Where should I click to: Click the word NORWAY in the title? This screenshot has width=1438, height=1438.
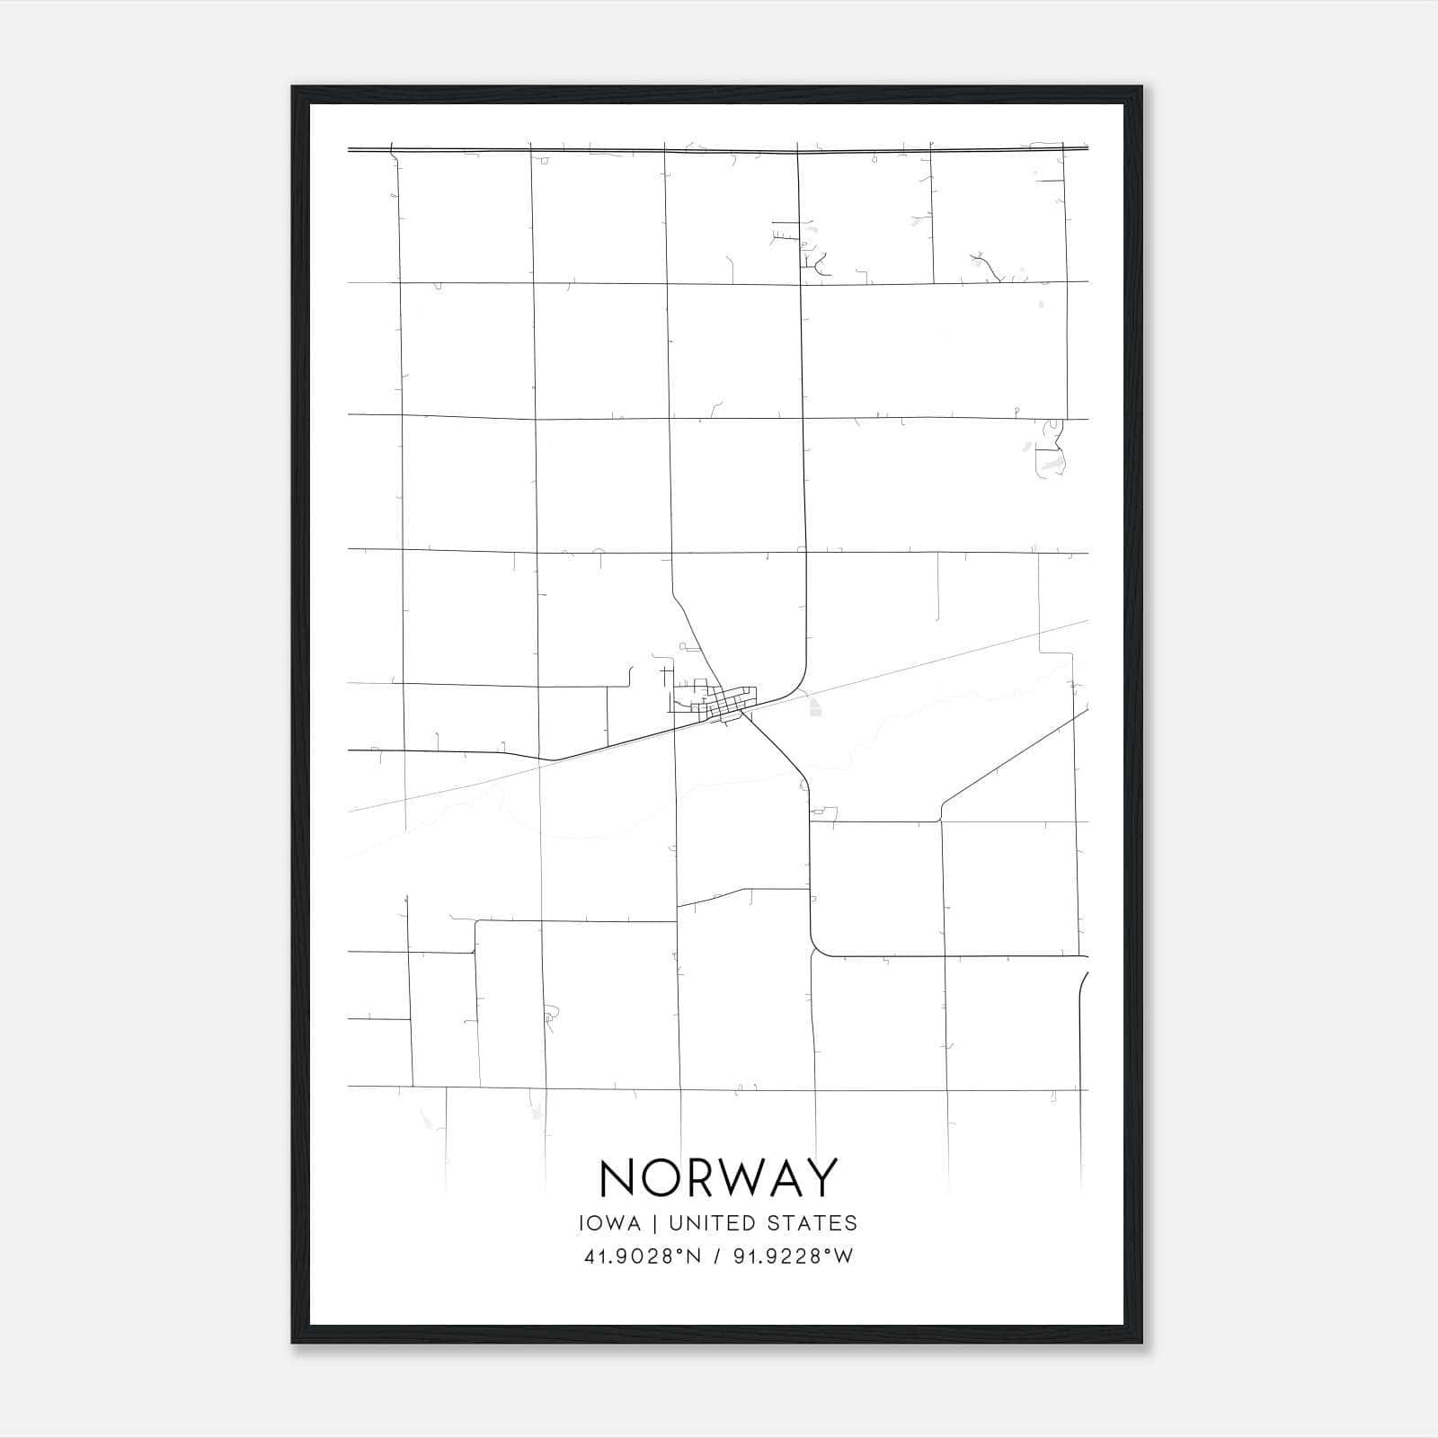click(718, 1177)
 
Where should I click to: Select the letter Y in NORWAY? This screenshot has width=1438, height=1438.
click(822, 1177)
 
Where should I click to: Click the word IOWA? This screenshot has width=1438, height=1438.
click(611, 1223)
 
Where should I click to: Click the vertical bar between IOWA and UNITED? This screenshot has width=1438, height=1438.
click(653, 1223)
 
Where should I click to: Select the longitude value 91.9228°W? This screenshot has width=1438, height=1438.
click(793, 1256)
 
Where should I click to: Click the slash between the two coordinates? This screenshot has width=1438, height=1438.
click(717, 1256)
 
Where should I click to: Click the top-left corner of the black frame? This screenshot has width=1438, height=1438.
click(293, 88)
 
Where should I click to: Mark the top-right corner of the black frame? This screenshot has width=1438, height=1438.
click(1141, 88)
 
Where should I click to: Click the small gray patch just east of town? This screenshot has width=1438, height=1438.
click(814, 709)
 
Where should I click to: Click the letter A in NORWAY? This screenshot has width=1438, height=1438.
click(786, 1177)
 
